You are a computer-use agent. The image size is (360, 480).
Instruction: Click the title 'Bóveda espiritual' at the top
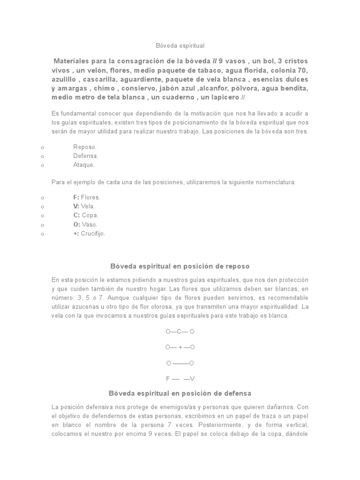(x=180, y=46)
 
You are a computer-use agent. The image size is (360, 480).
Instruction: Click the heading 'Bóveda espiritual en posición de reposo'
(x=180, y=266)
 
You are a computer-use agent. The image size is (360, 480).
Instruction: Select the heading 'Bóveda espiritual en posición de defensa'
(x=180, y=393)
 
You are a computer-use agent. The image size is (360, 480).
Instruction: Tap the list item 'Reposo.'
(x=85, y=147)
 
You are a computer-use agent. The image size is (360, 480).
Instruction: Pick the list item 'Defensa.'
(x=86, y=156)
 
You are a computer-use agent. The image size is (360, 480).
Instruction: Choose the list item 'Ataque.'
(x=84, y=165)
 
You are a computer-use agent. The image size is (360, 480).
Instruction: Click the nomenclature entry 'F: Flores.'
(x=87, y=197)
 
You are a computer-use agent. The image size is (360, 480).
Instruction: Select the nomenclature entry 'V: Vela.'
(x=84, y=206)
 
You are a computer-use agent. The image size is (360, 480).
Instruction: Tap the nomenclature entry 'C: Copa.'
(x=86, y=215)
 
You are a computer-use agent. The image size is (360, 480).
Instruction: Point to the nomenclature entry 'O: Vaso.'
(x=86, y=225)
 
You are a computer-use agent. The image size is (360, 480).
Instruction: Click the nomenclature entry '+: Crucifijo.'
(x=89, y=233)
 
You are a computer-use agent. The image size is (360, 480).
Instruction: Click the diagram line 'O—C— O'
(x=180, y=331)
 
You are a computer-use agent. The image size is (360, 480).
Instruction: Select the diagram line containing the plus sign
(x=180, y=347)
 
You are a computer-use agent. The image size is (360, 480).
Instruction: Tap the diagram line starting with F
(x=180, y=379)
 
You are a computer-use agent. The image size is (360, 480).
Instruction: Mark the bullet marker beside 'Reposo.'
(x=43, y=147)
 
